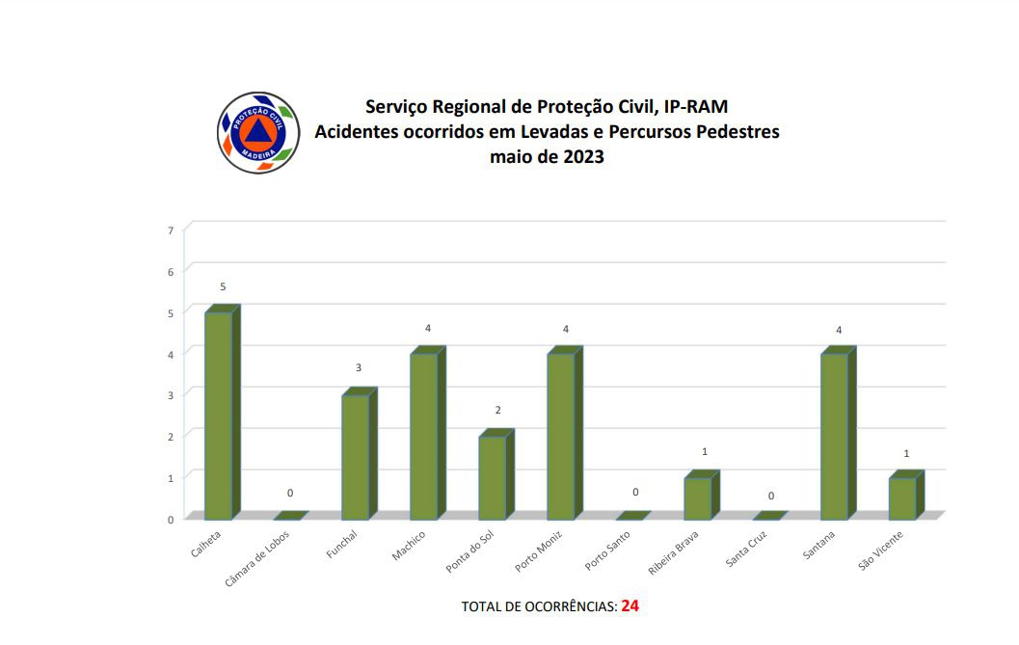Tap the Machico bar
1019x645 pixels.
pos(424,436)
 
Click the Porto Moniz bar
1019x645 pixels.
pos(561,436)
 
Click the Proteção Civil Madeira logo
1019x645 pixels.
pos(258,133)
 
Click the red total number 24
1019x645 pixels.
pos(630,605)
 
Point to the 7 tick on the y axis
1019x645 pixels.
pos(171,229)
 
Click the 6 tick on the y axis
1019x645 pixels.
pos(171,271)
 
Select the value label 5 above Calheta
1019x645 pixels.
pos(223,287)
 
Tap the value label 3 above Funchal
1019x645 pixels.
pos(359,368)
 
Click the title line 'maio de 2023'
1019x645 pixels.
pos(547,157)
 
